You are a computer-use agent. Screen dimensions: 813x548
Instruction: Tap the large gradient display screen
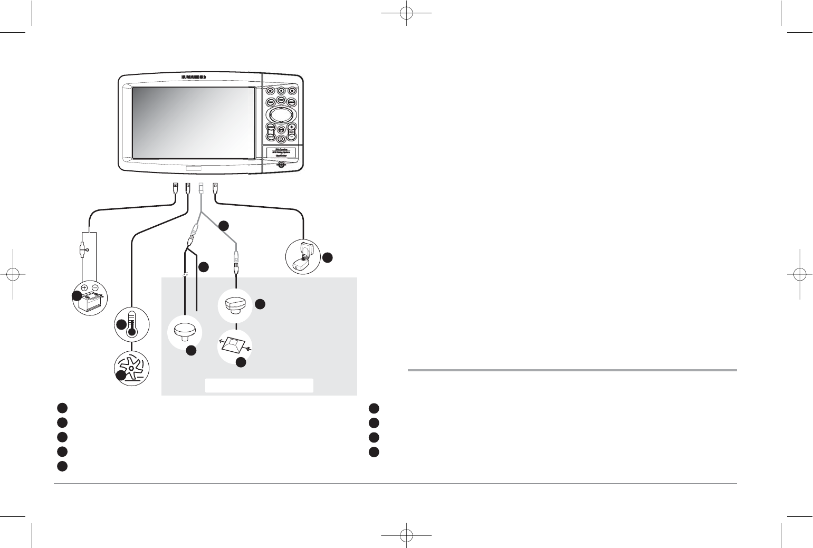pos(193,121)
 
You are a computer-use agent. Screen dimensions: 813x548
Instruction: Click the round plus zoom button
pos(292,127)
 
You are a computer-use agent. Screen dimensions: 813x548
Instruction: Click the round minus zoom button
pos(292,136)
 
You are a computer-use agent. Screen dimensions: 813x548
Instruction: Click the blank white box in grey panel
pos(259,385)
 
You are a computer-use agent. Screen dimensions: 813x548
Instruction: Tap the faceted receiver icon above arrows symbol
pos(235,305)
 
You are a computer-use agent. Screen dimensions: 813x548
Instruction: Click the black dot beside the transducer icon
pos(328,257)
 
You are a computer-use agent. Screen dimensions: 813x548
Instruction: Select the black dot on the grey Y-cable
pos(224,225)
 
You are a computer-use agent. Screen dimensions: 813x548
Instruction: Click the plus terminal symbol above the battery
pos(84,288)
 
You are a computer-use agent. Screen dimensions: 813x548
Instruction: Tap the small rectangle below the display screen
pos(194,169)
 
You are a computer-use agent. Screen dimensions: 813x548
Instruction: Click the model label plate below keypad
pos(280,153)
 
